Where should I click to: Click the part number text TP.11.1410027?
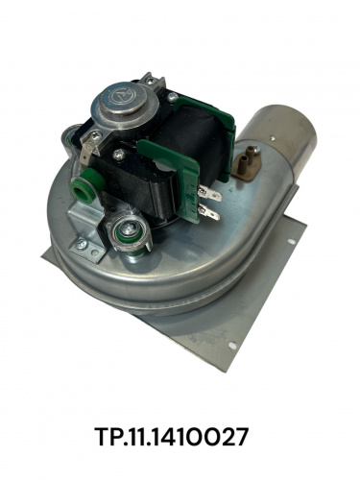pos(172,437)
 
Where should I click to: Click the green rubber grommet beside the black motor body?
pos(89,188)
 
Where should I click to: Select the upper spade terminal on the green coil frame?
pos(210,194)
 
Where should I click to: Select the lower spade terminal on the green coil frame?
pos(209,212)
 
